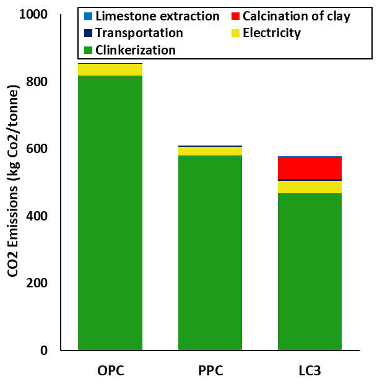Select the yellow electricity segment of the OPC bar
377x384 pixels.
[110, 69]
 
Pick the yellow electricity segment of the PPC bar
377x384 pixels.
[210, 151]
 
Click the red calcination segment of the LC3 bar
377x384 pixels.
[310, 168]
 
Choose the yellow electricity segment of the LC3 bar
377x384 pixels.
[310, 186]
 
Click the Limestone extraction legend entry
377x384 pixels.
[157, 17]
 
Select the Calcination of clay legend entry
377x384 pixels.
[297, 17]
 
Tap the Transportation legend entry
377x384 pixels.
[139, 33]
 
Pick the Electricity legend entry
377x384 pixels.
[272, 33]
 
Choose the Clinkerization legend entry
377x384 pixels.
[136, 50]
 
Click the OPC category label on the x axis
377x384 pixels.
[111, 372]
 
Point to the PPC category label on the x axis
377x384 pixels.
[210, 372]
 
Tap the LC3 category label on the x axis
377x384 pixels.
[310, 372]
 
